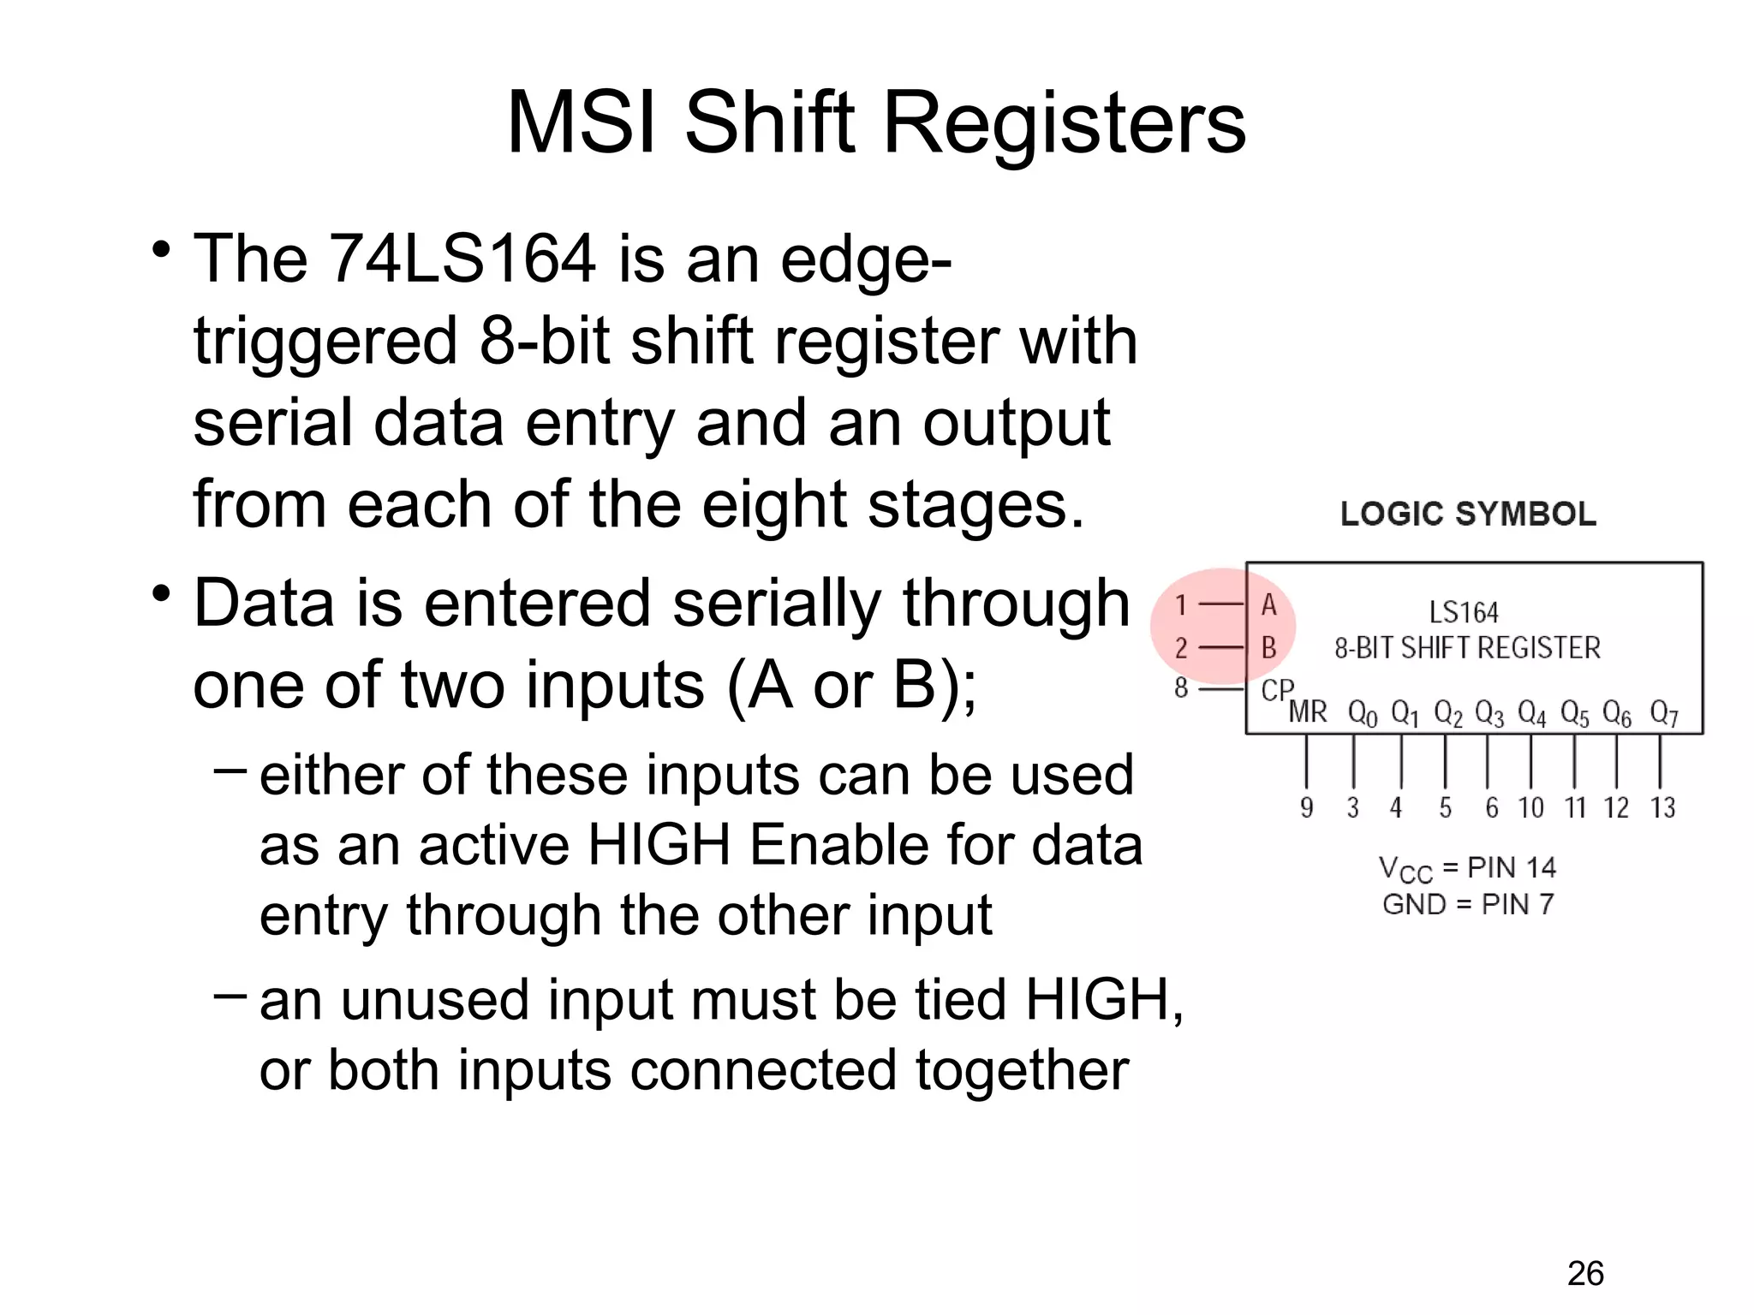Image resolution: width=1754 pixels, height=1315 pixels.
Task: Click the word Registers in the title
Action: pyautogui.click(x=1064, y=124)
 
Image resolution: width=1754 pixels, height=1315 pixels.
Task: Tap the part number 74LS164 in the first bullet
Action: pyautogui.click(x=462, y=259)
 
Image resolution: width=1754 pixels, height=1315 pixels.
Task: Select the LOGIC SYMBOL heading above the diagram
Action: pyautogui.click(x=1468, y=514)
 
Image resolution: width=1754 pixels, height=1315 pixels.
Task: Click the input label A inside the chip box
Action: pyautogui.click(x=1268, y=605)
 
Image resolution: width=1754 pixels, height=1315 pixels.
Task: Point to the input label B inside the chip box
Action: pyautogui.click(x=1268, y=648)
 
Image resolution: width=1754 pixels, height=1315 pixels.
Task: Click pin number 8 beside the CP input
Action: pyautogui.click(x=1181, y=687)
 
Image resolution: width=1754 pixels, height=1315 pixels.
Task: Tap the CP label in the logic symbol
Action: pyautogui.click(x=1277, y=689)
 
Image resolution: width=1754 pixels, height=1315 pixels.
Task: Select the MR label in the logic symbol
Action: pyautogui.click(x=1307, y=711)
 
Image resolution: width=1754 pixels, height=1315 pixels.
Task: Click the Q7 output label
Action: pyautogui.click(x=1663, y=712)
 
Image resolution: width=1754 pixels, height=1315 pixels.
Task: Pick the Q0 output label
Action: pyautogui.click(x=1362, y=712)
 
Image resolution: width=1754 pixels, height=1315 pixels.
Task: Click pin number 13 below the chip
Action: pyautogui.click(x=1662, y=807)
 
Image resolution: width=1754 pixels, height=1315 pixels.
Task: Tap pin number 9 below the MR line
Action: pyautogui.click(x=1306, y=807)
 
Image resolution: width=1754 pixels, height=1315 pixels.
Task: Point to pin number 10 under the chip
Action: pyautogui.click(x=1530, y=807)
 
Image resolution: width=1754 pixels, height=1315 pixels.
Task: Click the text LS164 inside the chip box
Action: pyautogui.click(x=1464, y=612)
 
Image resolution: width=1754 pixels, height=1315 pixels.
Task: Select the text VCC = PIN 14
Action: pyautogui.click(x=1466, y=868)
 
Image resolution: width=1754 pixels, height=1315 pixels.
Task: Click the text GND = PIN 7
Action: pyautogui.click(x=1468, y=904)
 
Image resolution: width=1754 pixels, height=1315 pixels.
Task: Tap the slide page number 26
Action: pyautogui.click(x=1585, y=1274)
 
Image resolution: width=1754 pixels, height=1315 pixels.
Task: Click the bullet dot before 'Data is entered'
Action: pyautogui.click(x=160, y=593)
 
